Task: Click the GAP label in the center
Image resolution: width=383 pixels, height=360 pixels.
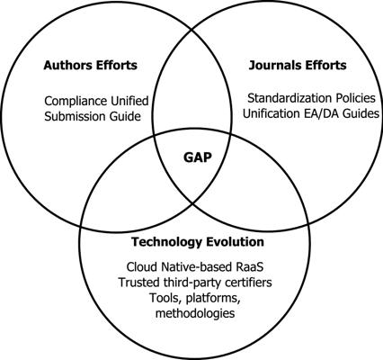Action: point(198,157)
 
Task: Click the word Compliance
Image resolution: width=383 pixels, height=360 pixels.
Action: point(76,101)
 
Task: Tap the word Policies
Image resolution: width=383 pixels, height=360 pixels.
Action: point(352,98)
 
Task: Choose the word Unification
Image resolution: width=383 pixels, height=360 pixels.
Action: point(271,113)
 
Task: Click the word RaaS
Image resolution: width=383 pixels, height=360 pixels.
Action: point(252,266)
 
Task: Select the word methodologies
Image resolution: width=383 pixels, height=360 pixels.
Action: point(195,313)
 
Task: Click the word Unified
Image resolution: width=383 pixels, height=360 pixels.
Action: point(129,101)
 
